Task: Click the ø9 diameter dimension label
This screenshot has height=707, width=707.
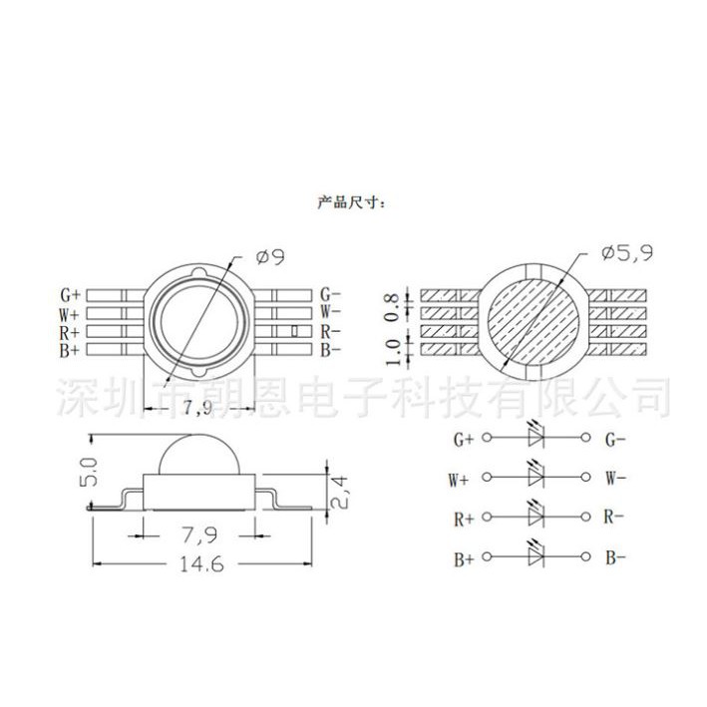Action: [270, 257]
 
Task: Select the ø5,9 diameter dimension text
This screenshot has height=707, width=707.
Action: [627, 253]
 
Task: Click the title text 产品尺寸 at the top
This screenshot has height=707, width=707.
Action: [350, 201]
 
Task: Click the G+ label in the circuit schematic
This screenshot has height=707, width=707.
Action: [464, 439]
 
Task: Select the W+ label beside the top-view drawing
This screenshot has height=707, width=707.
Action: [69, 313]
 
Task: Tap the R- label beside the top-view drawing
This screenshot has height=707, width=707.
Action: [331, 331]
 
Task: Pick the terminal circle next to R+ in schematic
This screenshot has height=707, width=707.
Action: [486, 518]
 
